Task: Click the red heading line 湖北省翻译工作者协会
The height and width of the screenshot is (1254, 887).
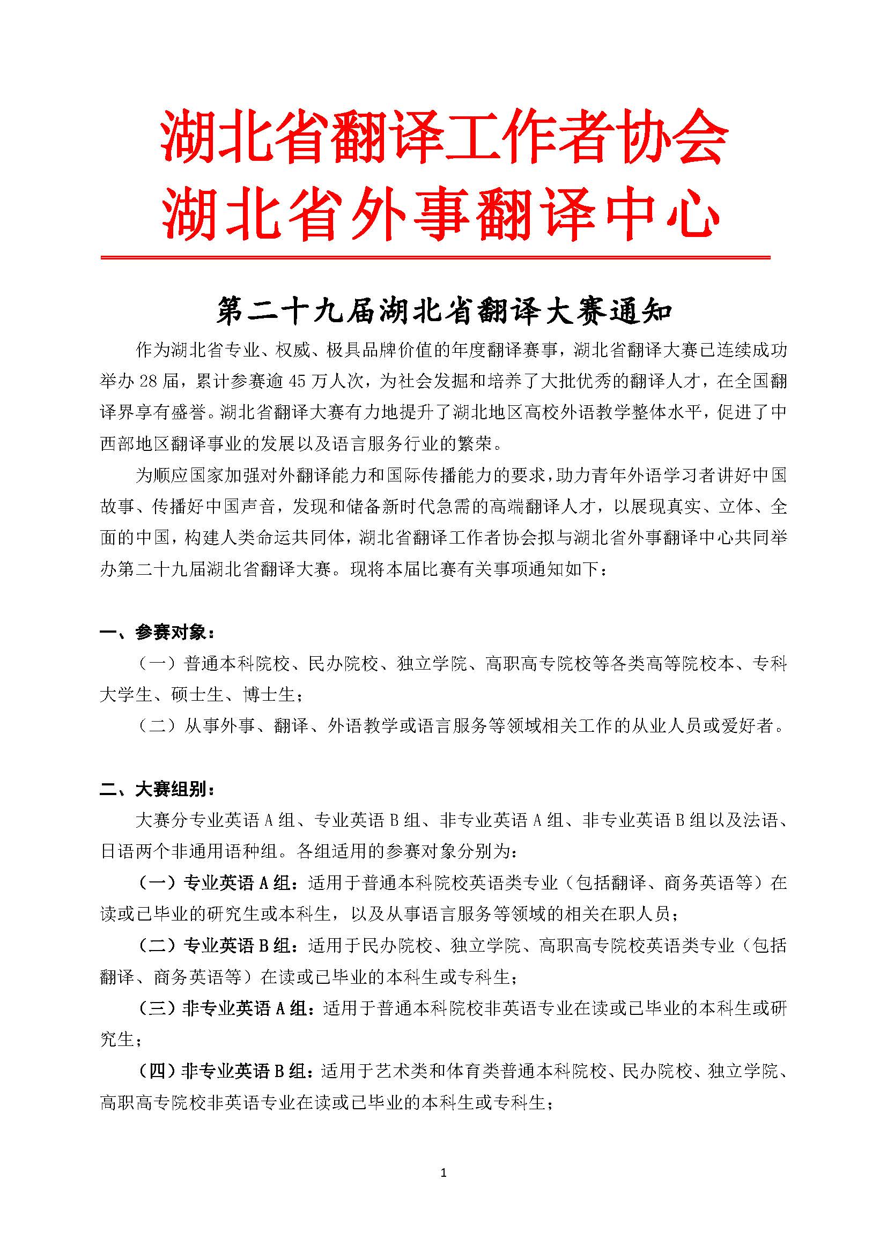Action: tap(443, 136)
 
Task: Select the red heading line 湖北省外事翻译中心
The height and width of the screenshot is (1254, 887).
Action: tap(440, 213)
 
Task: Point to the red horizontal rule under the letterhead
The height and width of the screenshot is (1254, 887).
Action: tap(435, 257)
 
